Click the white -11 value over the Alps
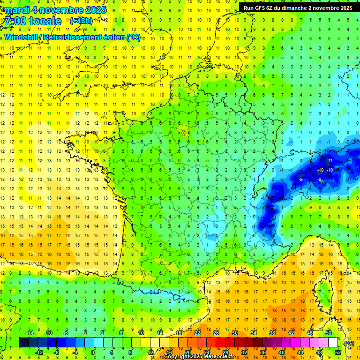pyautogui.click(x=330, y=160)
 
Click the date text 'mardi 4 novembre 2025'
pyautogui.click(x=56, y=10)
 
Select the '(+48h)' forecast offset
pyautogui.click(x=81, y=21)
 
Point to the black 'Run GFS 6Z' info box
pyautogui.click(x=298, y=7)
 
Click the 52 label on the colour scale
pyautogui.click(x=338, y=352)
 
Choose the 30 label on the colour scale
pyautogui.click(x=234, y=333)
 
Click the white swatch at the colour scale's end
pyautogui.click(x=333, y=343)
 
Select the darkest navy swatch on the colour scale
pyautogui.click(x=23, y=343)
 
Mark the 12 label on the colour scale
pyautogui.click(x=150, y=352)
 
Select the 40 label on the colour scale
pyautogui.click(x=281, y=352)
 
